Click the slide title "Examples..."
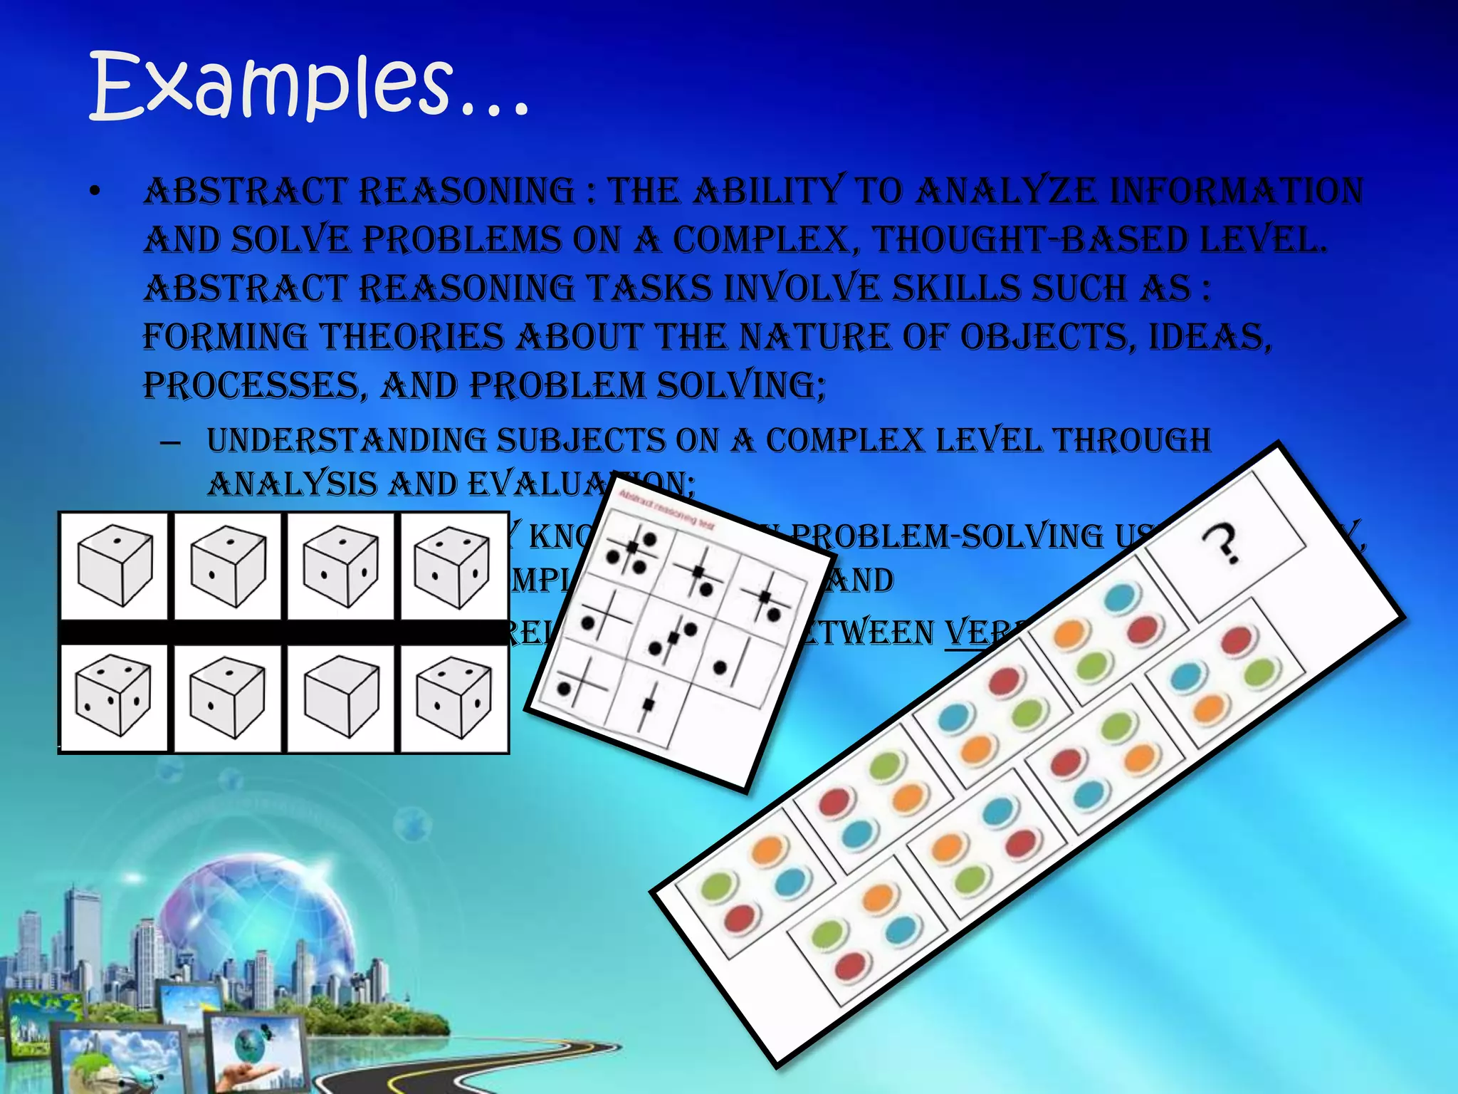[310, 87]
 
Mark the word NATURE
[814, 337]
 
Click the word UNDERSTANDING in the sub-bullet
[345, 440]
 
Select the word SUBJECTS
[579, 440]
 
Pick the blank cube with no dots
[340, 698]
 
